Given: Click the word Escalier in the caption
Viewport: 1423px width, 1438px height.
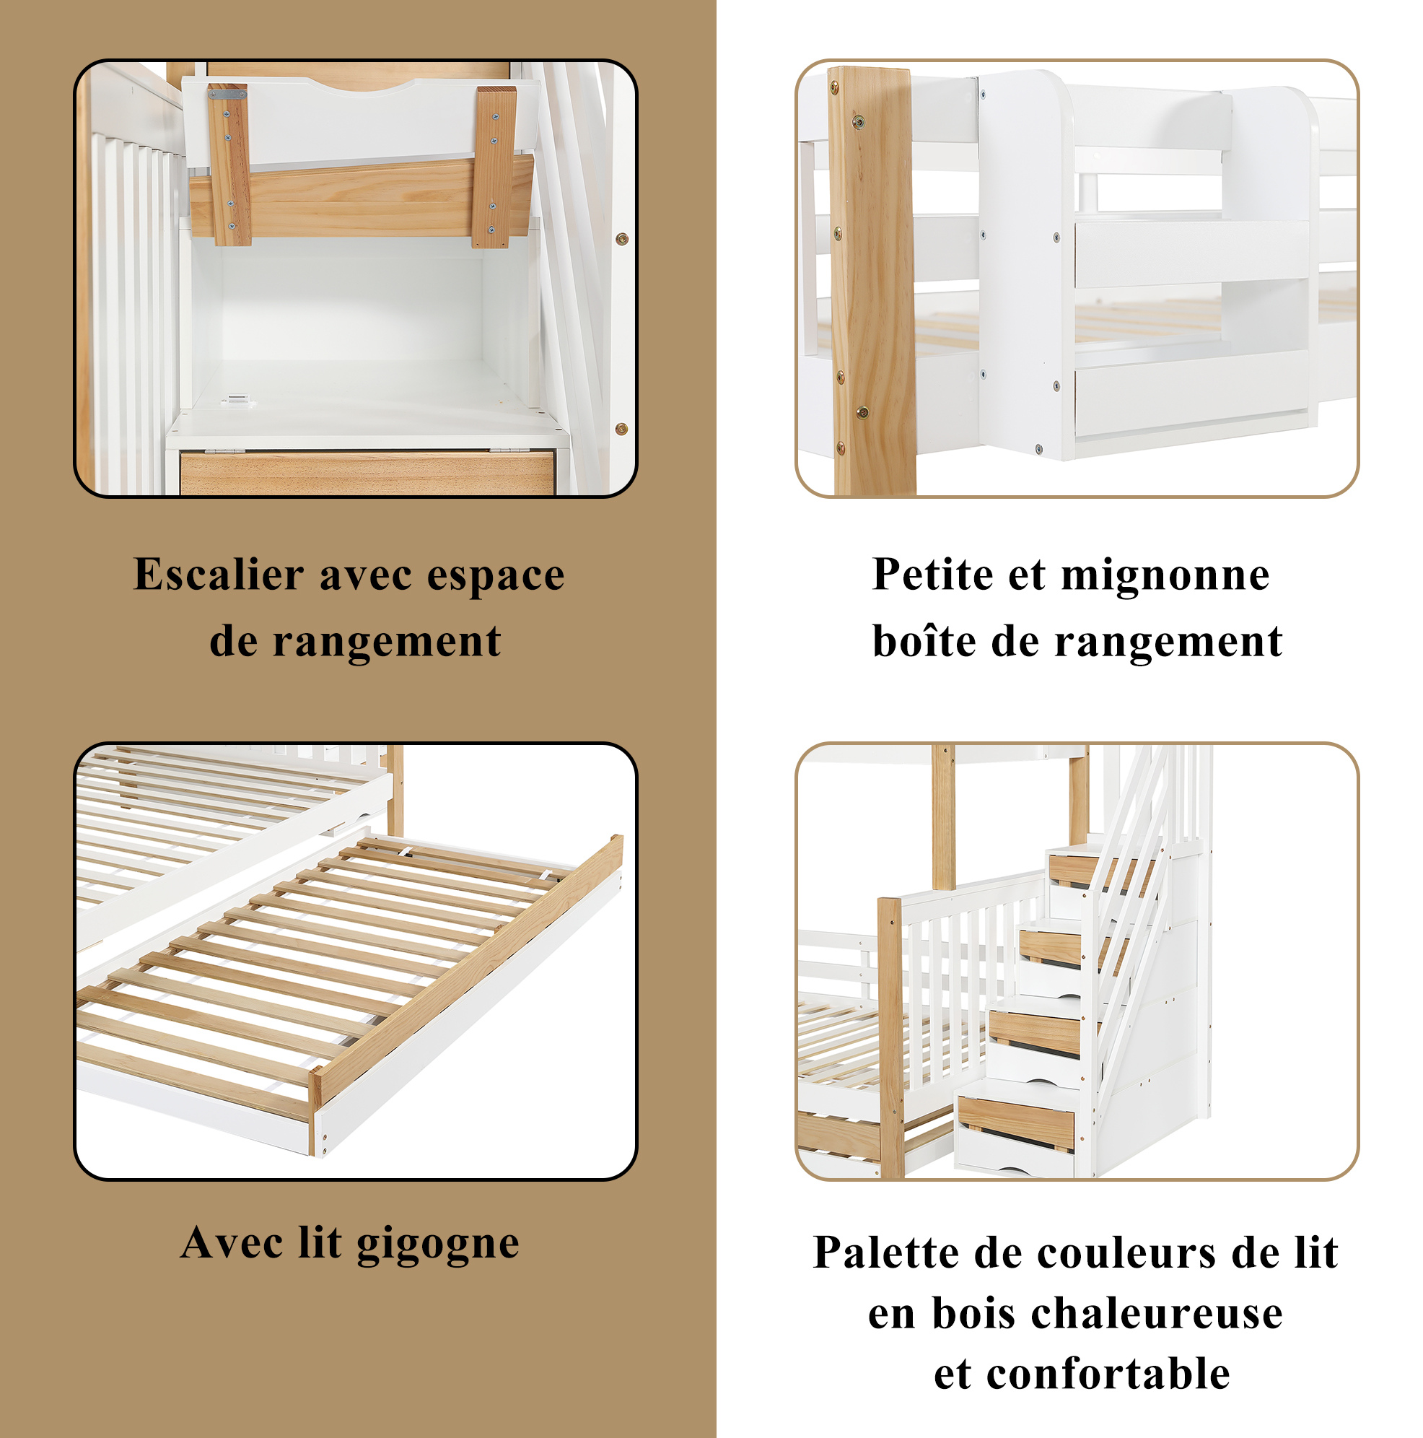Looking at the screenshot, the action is point(219,575).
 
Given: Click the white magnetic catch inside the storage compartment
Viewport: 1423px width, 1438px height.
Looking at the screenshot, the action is point(238,401).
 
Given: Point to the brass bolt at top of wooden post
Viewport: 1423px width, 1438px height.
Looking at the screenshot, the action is point(859,121).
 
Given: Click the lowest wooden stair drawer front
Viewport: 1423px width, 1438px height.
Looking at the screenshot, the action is point(1015,1123).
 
